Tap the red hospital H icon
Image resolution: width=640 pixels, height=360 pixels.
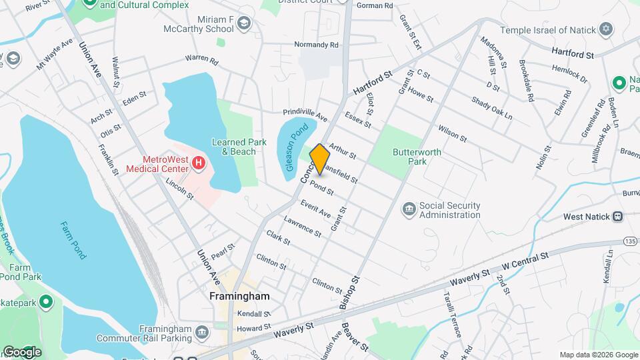pos(198,162)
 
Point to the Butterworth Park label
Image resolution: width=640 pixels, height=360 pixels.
pos(417,157)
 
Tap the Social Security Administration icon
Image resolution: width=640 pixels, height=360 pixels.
pos(409,210)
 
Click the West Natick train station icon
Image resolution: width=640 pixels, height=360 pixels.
pos(618,216)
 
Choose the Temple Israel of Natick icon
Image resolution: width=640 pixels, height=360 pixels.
pos(606,29)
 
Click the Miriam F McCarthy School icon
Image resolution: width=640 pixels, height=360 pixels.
pos(244,25)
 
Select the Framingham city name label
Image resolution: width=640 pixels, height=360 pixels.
pos(239,296)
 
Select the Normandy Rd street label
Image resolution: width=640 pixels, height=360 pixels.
pos(317,45)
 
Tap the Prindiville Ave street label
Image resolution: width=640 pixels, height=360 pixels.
pos(305,115)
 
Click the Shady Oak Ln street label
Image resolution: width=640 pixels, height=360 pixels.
pos(491,108)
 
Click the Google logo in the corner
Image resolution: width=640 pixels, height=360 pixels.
pos(22,351)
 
